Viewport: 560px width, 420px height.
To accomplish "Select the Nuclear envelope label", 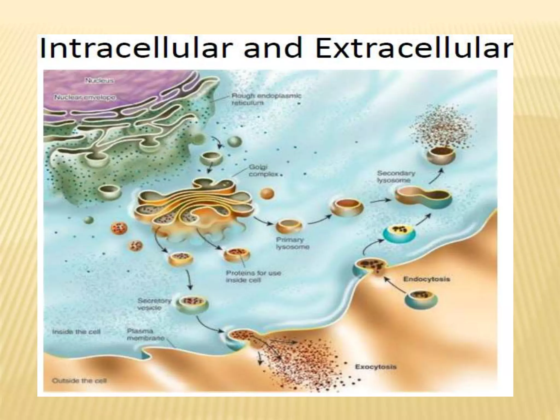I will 85,97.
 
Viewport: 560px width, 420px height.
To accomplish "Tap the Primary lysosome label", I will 292,243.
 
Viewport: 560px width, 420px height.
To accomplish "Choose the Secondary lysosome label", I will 396,177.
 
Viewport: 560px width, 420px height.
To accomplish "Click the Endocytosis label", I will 427,279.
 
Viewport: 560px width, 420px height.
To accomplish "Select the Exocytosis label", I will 375,367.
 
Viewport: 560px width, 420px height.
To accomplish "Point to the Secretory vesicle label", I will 154,304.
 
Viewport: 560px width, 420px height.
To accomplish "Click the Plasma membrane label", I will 145,334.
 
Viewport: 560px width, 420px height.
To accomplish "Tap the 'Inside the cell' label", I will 76,332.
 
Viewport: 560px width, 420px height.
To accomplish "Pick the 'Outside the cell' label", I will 79,380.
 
